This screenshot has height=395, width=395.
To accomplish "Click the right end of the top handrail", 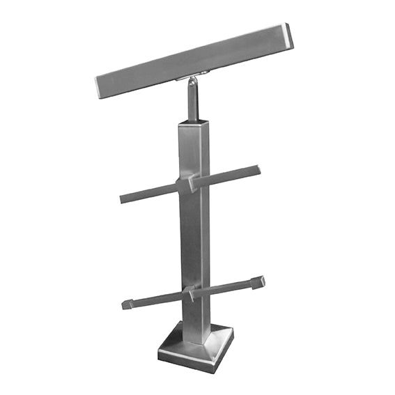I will click(288, 36).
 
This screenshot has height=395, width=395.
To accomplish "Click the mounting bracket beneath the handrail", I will click(195, 78).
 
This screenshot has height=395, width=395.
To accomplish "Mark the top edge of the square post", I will click(193, 124).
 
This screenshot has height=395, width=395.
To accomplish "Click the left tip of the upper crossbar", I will click(123, 199).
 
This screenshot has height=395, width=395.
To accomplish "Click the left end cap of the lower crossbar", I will click(127, 304).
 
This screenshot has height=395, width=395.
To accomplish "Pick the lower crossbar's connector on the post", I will click(189, 293).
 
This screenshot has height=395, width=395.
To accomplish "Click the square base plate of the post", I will click(195, 352).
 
